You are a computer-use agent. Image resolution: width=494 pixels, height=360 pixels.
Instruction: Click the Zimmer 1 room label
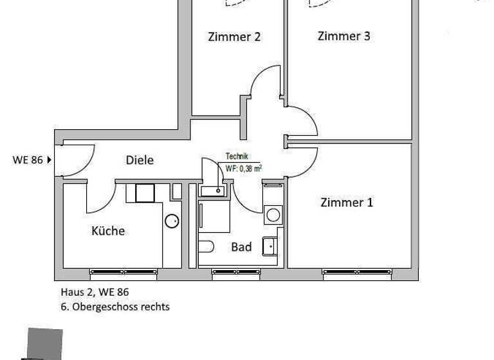347,203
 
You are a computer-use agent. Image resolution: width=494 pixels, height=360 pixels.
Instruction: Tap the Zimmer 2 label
234,37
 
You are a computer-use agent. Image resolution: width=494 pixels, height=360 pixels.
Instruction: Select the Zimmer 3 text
343,36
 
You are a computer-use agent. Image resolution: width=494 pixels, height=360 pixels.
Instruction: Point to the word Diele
140,160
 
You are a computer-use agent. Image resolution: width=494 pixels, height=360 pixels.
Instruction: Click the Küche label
108,231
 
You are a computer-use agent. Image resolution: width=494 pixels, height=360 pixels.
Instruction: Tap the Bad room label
241,247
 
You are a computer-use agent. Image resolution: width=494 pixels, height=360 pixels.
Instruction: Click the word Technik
236,156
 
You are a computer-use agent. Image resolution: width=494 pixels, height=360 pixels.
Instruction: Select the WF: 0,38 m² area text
243,169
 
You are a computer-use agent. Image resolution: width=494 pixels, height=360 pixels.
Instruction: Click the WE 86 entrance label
27,160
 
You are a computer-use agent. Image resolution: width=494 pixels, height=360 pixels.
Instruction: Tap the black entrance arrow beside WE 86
50,160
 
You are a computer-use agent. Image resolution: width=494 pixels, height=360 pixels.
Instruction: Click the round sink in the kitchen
172,221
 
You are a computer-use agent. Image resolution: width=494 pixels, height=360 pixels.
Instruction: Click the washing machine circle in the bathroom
273,213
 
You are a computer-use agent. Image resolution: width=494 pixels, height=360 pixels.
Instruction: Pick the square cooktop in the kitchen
145,193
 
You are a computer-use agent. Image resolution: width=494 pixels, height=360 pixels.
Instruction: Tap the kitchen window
123,271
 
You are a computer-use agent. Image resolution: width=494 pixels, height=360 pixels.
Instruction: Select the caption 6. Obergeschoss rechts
114,307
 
